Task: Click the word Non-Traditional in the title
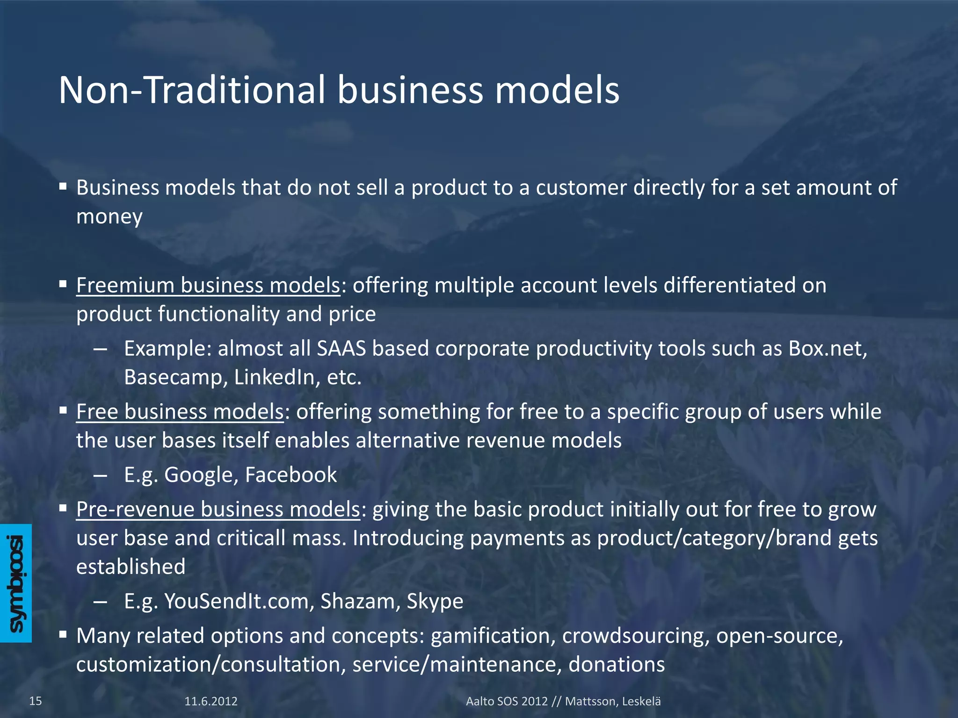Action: (x=192, y=90)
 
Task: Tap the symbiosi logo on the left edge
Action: (x=16, y=583)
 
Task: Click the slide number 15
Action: (x=36, y=701)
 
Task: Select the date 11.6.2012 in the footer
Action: (x=211, y=701)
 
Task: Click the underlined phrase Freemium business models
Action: (x=208, y=285)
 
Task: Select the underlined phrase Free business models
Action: (x=180, y=412)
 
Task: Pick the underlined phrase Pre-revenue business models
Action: (x=218, y=509)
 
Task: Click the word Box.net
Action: (x=827, y=349)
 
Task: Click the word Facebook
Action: (x=291, y=475)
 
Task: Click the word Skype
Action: (x=435, y=602)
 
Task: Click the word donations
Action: (x=617, y=664)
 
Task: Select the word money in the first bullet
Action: (x=109, y=217)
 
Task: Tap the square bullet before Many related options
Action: (x=63, y=635)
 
